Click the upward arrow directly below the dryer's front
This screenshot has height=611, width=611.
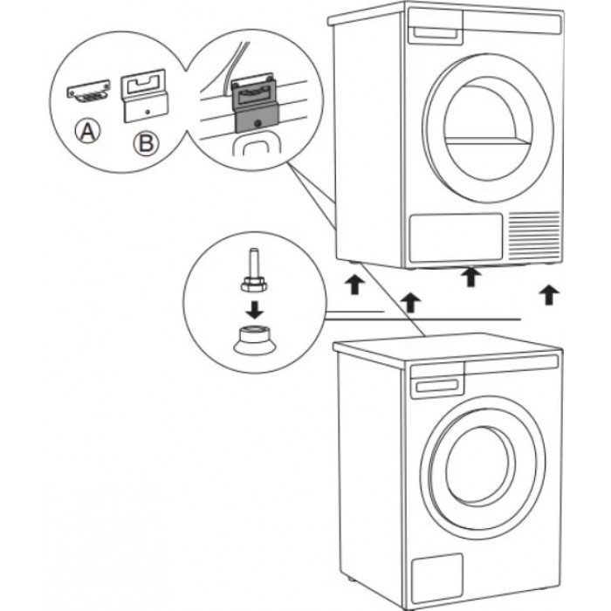pos(471,276)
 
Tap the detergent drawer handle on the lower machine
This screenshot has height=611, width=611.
pos(439,381)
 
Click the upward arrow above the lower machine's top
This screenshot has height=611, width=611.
pos(410,302)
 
